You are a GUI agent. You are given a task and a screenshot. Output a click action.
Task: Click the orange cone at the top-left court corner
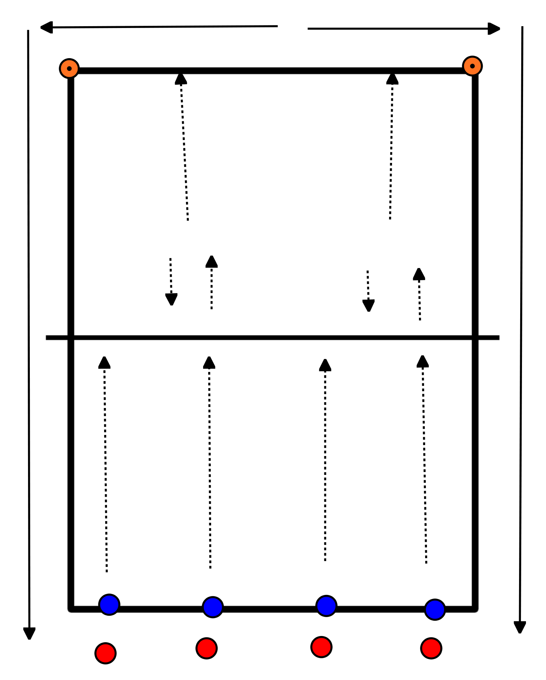point(69,68)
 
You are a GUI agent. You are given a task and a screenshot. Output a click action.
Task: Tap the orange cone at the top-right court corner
point(472,66)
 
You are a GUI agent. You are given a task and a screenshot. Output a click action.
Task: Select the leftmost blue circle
point(109,604)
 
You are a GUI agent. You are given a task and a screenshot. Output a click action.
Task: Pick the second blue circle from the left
point(213,607)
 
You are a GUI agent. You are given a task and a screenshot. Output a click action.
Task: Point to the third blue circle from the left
point(326,606)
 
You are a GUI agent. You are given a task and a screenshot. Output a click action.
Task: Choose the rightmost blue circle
point(435,609)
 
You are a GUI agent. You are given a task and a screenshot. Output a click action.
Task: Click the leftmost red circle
point(106,653)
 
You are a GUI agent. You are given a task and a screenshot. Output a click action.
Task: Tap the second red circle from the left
point(206,648)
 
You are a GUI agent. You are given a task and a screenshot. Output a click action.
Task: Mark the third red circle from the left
point(321,647)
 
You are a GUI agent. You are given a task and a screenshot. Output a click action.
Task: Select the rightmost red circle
point(431,648)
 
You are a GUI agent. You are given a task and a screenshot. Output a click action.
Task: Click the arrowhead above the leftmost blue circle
point(104,363)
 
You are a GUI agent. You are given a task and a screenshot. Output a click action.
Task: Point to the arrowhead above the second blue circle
point(209,363)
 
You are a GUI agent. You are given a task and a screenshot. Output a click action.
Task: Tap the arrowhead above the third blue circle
point(325,365)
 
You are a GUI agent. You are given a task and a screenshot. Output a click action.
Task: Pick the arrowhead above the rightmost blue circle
point(423,361)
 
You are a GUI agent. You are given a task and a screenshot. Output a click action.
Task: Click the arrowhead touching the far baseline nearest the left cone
point(181,79)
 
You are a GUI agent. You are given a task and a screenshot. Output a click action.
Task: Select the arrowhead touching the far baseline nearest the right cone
point(392,79)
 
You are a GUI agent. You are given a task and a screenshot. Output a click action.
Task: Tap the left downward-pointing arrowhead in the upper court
point(171,299)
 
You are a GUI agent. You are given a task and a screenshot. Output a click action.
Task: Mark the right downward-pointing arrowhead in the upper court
point(368,305)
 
